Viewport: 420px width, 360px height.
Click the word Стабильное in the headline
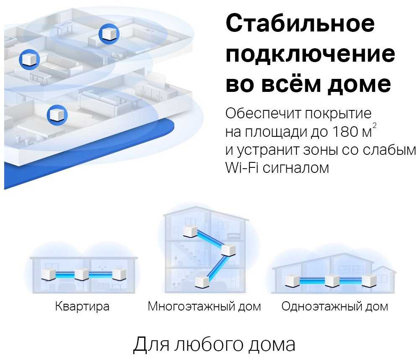click(300, 23)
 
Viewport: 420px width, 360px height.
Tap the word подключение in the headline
click(310, 55)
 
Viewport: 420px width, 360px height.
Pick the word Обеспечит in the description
click(263, 113)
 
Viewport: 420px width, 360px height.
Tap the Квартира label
click(82, 306)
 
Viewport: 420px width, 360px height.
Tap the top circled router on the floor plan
click(109, 34)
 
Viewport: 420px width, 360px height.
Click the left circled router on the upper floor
click(29, 59)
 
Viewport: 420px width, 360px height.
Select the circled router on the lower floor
click(57, 115)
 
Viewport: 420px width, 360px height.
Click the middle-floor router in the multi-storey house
click(228, 250)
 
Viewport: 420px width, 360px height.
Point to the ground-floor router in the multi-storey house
click(202, 282)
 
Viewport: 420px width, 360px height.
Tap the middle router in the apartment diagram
click(82, 274)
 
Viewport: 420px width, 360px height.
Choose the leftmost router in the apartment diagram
click(49, 274)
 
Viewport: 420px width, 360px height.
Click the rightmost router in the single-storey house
click(369, 281)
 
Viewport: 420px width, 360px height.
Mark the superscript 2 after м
click(374, 125)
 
